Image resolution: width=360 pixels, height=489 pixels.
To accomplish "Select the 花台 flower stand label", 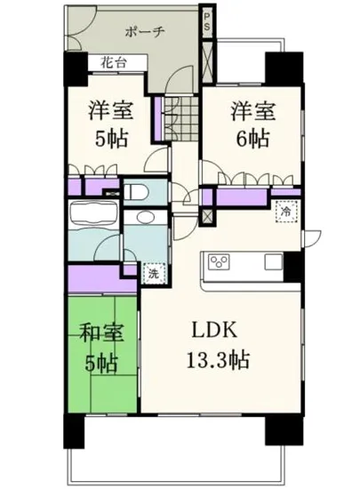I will point(112,64).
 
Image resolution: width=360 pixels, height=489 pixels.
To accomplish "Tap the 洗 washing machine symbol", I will point(153,275).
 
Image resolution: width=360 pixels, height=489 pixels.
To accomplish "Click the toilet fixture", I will point(133,190).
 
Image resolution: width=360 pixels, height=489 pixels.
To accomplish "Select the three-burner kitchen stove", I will point(219,261).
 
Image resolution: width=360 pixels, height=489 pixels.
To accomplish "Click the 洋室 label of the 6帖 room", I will point(252,112).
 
